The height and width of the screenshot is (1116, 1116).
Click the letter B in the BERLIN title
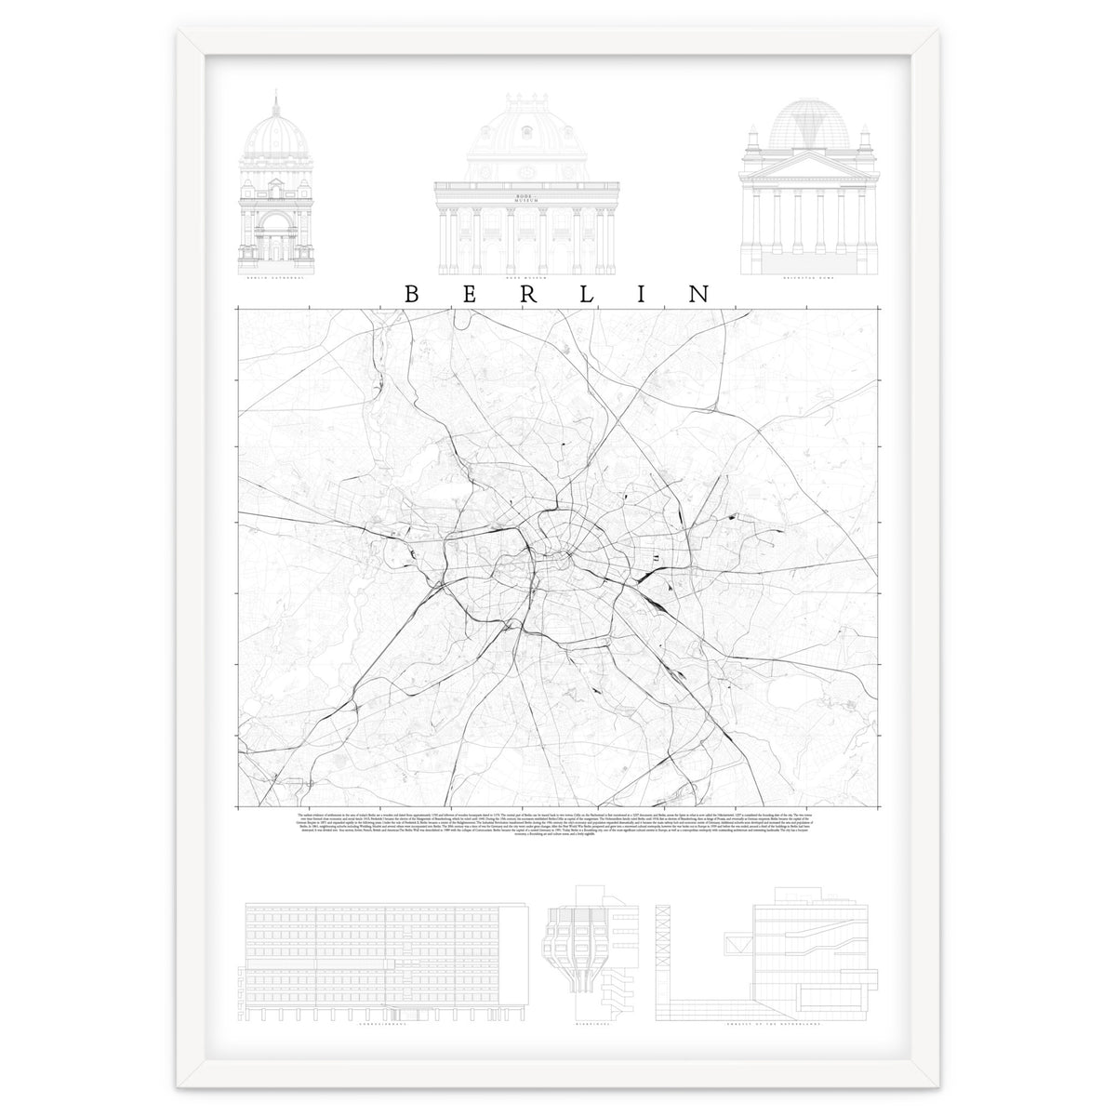411,293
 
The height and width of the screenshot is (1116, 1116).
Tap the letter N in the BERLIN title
698,293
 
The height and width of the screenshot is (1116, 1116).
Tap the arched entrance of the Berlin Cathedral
276,237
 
